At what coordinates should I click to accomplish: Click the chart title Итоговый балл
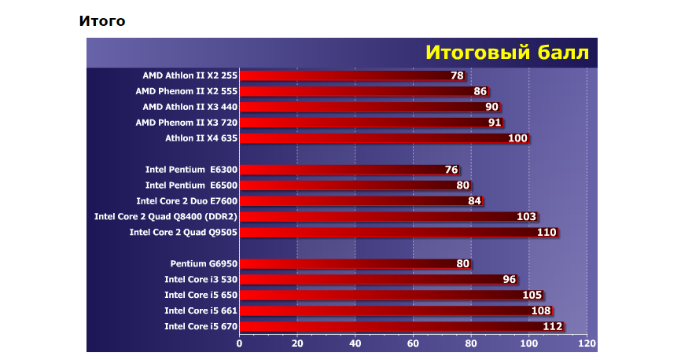tap(506, 52)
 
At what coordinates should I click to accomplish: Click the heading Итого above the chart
tap(102, 21)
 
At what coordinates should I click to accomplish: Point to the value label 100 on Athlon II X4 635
tap(517, 138)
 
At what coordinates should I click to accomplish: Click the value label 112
tap(553, 326)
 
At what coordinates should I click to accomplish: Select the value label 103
tap(526, 217)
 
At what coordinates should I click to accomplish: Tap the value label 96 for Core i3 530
tap(509, 279)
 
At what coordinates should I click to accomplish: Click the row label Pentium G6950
tap(203, 263)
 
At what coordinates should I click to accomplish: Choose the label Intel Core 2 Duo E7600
tap(186, 201)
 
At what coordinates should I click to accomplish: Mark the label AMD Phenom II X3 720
tap(186, 123)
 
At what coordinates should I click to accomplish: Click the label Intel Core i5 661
tap(201, 310)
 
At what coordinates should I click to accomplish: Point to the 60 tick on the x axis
tap(413, 343)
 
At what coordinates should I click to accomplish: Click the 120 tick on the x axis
tap(587, 343)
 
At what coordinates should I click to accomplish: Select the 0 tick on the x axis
tap(240, 343)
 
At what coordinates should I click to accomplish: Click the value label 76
tap(451, 170)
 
